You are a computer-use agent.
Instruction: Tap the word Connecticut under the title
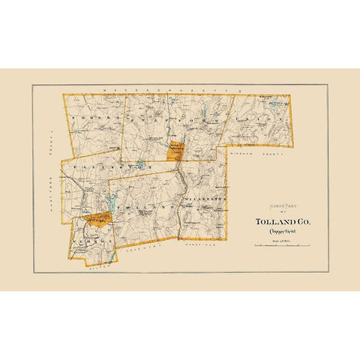tap(278, 233)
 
